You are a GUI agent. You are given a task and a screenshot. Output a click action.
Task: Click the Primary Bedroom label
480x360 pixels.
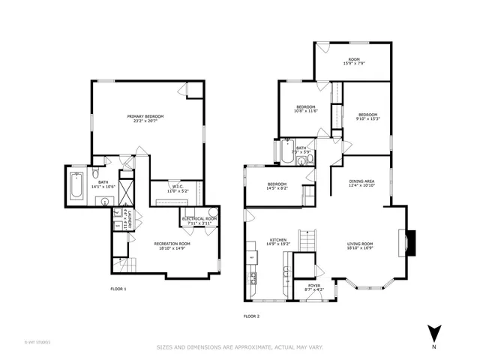pyautogui.click(x=145, y=116)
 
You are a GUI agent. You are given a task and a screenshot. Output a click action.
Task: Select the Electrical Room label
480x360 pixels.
pyautogui.click(x=199, y=218)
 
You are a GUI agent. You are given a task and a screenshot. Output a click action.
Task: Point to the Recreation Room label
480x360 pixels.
pyautogui.click(x=172, y=244)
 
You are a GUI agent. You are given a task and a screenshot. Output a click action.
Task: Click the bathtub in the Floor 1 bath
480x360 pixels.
pyautogui.click(x=77, y=187)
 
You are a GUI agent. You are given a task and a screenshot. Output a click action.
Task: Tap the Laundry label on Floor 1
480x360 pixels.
pyautogui.click(x=130, y=222)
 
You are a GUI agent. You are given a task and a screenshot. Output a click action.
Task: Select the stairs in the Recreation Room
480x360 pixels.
pyautogui.click(x=124, y=264)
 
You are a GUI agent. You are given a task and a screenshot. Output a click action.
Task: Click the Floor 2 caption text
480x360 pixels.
pyautogui.click(x=251, y=316)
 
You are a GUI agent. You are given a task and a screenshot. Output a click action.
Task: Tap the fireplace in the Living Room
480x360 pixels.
pyautogui.click(x=406, y=241)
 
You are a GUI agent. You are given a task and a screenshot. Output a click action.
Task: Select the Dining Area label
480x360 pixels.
pyautogui.click(x=361, y=181)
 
